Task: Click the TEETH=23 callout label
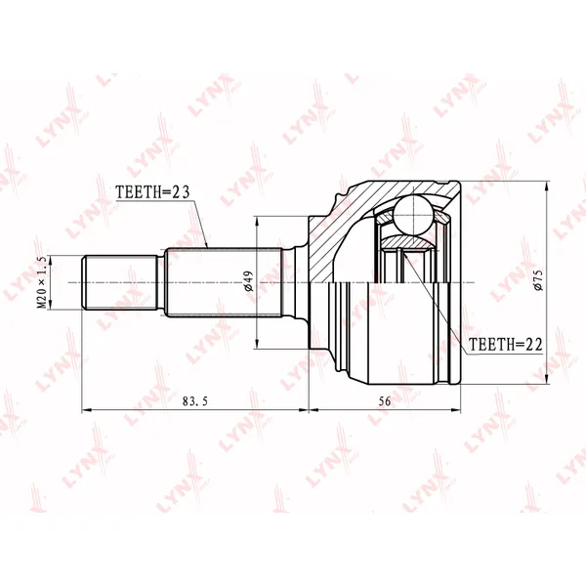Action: click(153, 192)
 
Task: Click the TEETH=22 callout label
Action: click(505, 345)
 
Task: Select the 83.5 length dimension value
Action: click(194, 401)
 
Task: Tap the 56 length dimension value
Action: click(385, 401)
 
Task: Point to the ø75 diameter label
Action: click(538, 280)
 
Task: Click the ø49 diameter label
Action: click(248, 281)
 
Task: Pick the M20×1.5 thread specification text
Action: click(42, 282)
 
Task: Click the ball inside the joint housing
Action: click(414, 215)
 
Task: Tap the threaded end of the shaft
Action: click(119, 282)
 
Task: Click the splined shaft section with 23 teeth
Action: click(223, 282)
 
